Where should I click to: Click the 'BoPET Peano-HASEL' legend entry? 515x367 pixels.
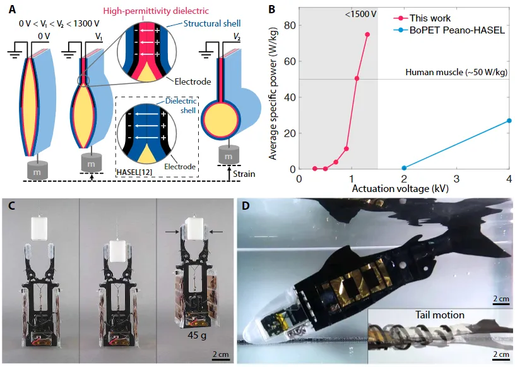(453, 30)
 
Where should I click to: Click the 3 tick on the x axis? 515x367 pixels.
(457, 179)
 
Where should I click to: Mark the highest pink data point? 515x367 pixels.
(367, 35)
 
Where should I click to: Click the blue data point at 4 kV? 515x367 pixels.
(509, 121)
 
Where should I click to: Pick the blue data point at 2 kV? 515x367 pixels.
(405, 168)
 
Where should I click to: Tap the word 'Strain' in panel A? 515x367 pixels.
(243, 173)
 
